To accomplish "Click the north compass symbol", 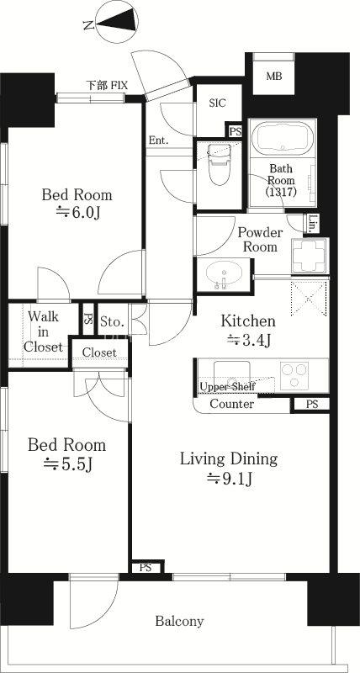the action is (117, 22).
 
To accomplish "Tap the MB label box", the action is (273, 77).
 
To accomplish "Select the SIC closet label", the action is (218, 103).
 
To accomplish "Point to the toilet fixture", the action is (219, 164).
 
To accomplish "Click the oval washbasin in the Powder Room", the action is (224, 273).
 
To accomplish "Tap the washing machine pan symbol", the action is (309, 255).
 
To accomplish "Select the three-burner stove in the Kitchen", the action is (294, 376).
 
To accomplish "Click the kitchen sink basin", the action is (232, 374).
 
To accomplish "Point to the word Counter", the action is (231, 405).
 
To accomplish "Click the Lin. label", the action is (313, 223).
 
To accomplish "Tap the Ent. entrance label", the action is (158, 140).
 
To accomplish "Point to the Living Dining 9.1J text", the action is (229, 469).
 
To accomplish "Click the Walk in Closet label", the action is (43, 331).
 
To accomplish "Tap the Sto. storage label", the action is (113, 321).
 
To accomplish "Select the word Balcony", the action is (179, 621).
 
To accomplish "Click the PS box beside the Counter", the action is (312, 405).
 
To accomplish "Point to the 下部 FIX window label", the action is (107, 85).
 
